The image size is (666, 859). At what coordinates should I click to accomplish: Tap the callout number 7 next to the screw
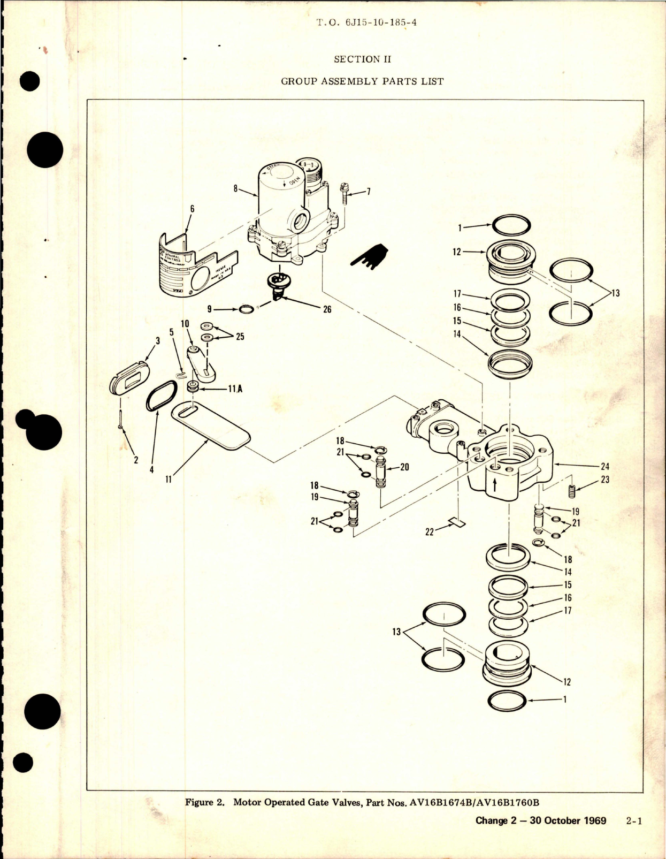[x=368, y=192]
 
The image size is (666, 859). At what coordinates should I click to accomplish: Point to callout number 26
[x=327, y=309]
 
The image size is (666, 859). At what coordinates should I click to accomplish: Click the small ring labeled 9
[x=247, y=309]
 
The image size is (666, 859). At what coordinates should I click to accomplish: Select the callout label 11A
[x=235, y=389]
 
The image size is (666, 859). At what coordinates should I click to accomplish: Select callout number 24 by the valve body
[x=605, y=466]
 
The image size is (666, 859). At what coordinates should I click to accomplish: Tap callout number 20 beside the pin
[x=404, y=467]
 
